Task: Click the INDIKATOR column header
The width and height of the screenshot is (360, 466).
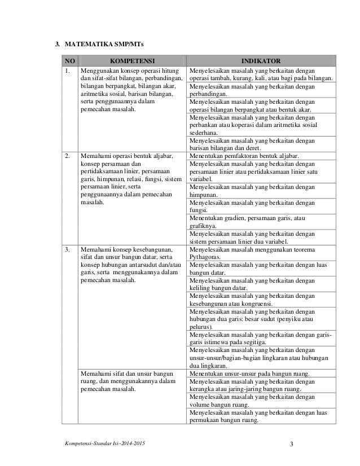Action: click(260, 61)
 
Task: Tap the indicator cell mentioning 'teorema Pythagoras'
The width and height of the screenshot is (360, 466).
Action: click(260, 253)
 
